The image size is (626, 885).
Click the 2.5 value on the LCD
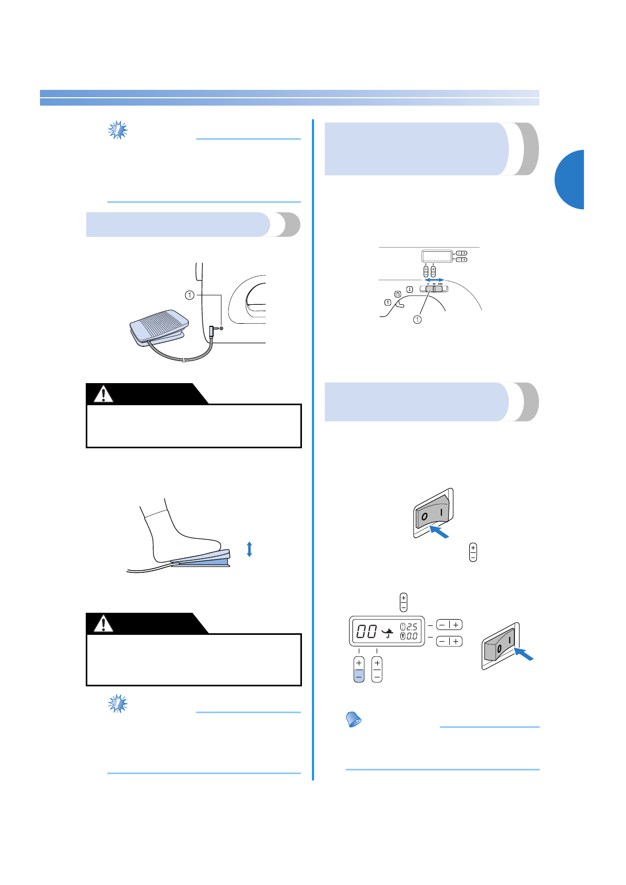click(412, 626)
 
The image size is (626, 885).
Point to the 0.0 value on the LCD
click(412, 636)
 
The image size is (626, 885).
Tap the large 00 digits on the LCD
click(367, 631)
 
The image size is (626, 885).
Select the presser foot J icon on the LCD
click(388, 633)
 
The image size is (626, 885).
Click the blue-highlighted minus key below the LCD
click(359, 676)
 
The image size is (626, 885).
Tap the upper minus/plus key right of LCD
click(449, 625)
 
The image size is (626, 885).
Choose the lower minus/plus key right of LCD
click(449, 641)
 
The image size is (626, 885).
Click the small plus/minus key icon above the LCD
click(403, 602)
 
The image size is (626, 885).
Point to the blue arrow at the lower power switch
click(524, 654)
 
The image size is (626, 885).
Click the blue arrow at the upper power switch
click(439, 532)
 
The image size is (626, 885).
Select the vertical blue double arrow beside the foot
click(249, 549)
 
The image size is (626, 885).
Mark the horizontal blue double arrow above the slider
click(435, 280)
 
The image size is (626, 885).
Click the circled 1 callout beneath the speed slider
click(417, 320)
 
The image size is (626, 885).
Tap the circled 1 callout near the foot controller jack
click(189, 295)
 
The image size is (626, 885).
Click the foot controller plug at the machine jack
click(212, 332)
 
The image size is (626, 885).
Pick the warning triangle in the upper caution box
click(104, 394)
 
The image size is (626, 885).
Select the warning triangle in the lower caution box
click(104, 623)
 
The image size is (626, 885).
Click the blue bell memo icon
click(354, 719)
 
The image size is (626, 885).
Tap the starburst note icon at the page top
click(118, 130)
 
